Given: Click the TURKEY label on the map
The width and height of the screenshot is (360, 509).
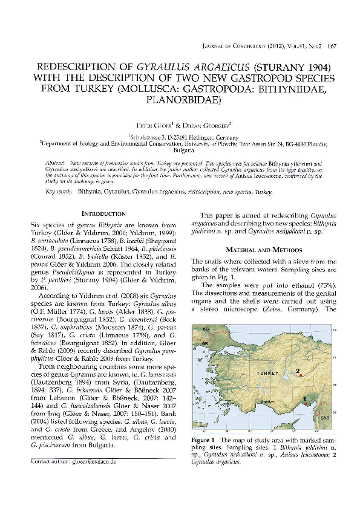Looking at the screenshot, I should coord(267,374).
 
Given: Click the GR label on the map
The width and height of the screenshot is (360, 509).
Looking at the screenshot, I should coord(204,342).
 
